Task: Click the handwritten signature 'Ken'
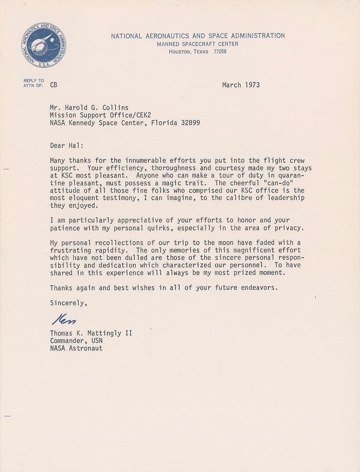point(61,320)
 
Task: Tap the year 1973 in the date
point(250,85)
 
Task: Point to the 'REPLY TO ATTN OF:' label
point(34,83)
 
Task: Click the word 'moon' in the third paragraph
point(208,242)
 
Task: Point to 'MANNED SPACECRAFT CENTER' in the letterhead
point(198,44)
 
